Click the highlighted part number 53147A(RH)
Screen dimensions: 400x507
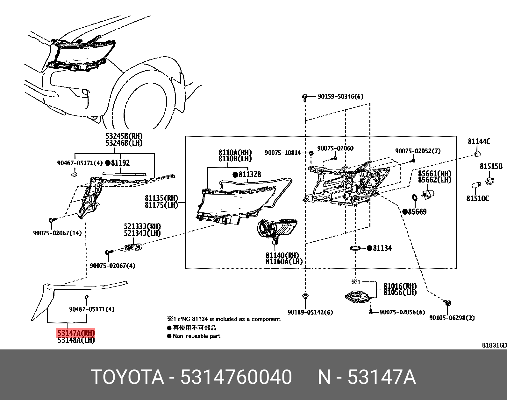coord(76,333)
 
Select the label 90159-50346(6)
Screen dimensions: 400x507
coord(340,96)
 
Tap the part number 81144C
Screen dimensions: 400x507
coord(479,141)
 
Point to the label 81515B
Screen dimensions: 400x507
coord(491,166)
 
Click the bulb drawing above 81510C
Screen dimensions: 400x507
coord(475,185)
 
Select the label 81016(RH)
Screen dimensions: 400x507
coord(400,286)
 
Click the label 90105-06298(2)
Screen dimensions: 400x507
coord(452,318)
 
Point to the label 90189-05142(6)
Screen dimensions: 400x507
coord(310,312)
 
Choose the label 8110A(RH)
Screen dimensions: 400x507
coord(235,153)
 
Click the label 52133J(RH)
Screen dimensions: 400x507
coord(142,226)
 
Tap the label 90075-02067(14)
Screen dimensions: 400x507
coord(57,233)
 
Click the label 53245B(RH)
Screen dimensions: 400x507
coord(124,137)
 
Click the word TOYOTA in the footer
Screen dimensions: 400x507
coord(127,377)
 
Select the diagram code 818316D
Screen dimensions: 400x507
coord(494,345)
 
